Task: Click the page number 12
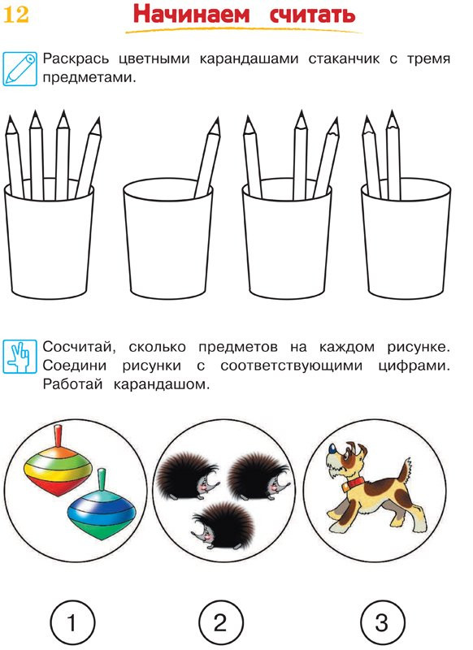pyautogui.click(x=17, y=15)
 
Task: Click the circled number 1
pyautogui.click(x=72, y=623)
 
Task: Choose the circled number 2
pyautogui.click(x=220, y=623)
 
